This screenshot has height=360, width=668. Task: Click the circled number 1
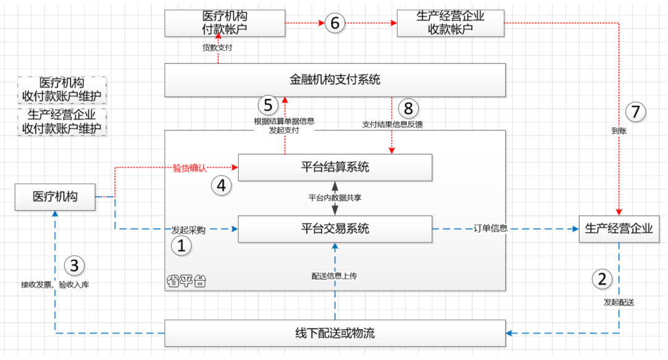coord(182,246)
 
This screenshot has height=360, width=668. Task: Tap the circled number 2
coord(602,278)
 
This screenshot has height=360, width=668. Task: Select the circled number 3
coord(74,266)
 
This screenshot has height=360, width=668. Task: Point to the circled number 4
coord(221,185)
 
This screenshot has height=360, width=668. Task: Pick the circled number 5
coord(267,106)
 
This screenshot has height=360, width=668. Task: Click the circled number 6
coord(335,24)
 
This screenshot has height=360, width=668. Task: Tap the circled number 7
coord(635,112)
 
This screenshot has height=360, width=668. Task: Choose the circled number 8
coord(408,108)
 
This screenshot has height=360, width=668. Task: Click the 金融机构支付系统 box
coord(335,80)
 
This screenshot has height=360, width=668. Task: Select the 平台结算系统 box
coord(335,167)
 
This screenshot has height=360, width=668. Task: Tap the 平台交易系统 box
coord(335,229)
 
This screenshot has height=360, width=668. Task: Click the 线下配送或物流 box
coord(335,333)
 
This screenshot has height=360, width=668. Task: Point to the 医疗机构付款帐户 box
coord(225,24)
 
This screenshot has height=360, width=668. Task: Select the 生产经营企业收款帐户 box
coord(450,24)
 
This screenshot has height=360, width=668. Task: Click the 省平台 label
coord(186,281)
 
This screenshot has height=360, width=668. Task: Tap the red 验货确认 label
coord(189,168)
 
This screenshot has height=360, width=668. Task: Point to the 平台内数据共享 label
coord(335,198)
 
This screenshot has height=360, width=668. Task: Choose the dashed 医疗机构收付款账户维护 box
coord(62,90)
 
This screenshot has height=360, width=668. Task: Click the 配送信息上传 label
coord(335,276)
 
